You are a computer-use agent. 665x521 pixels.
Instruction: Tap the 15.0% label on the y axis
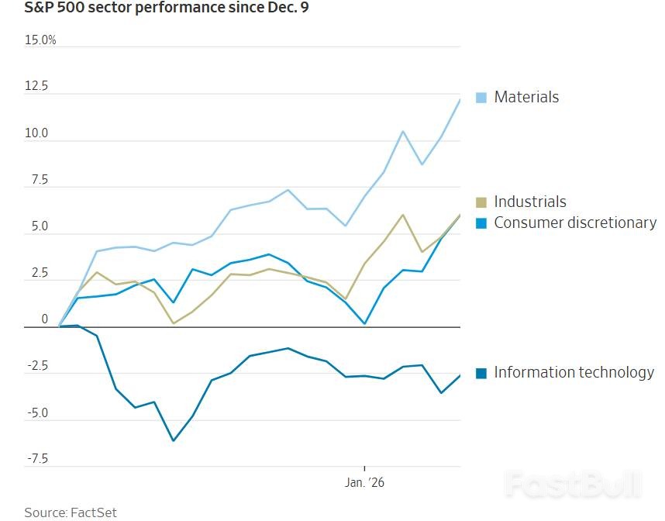coord(40,40)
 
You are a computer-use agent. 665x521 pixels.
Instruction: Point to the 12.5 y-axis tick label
coord(37,86)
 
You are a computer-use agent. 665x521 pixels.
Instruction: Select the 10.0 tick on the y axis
coord(36,133)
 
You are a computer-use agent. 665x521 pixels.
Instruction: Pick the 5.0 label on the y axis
coord(38,227)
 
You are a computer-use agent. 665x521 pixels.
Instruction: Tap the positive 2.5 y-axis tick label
coord(38,274)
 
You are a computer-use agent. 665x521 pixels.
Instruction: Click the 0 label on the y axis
coord(45,319)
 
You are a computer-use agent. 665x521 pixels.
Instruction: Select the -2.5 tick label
coord(36,367)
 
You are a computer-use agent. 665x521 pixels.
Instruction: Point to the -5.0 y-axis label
coord(36,413)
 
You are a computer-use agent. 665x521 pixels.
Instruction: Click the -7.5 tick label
coord(36,459)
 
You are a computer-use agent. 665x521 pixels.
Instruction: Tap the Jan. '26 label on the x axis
coord(364,482)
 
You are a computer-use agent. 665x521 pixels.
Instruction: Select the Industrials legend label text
coord(530,202)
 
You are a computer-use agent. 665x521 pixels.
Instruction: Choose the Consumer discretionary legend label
coord(575,223)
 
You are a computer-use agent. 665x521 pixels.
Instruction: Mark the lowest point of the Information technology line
coord(173,440)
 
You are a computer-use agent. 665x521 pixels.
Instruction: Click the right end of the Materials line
coord(460,99)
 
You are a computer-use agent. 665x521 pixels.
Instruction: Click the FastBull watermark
coord(574,485)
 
